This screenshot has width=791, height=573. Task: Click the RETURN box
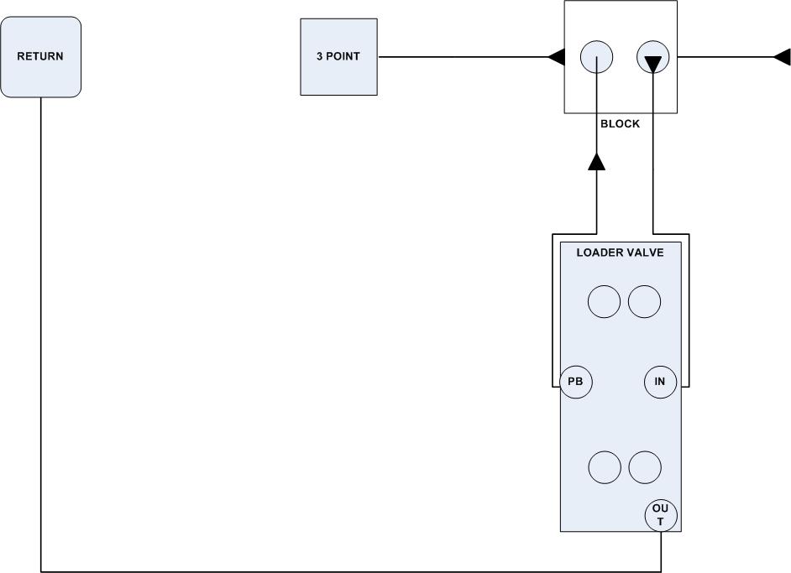(41, 57)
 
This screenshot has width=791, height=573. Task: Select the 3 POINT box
(339, 57)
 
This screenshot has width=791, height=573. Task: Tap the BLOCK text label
(620, 124)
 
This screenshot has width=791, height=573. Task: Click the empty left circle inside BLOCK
(596, 57)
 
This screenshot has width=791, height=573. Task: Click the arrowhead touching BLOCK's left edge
(556, 57)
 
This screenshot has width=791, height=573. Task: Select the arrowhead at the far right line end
(782, 57)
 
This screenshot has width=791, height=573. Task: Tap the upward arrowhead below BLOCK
(596, 161)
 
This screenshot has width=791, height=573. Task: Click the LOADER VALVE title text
(620, 252)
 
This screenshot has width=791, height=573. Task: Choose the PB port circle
(576, 383)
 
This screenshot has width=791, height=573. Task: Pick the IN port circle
(660, 383)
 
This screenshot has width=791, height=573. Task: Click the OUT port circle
(660, 515)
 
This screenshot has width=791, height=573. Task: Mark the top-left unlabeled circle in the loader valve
(604, 301)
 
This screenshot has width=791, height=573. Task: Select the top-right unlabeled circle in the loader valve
(644, 301)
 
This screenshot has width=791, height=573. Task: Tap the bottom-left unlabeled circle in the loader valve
(604, 466)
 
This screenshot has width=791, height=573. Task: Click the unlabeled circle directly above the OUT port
(645, 466)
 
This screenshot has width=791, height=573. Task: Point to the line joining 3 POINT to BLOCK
(462, 57)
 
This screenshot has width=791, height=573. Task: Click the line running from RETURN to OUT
(336, 571)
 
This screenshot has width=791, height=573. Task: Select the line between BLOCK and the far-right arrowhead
(726, 57)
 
